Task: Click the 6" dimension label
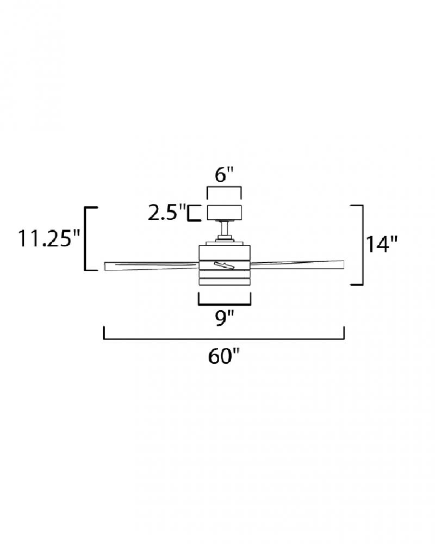(224, 175)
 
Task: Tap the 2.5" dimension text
(167, 213)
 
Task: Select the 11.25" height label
(49, 239)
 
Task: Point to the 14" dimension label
(381, 244)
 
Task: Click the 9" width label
(225, 318)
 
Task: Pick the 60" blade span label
(224, 356)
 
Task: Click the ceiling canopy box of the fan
(225, 213)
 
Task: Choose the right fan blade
(297, 264)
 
